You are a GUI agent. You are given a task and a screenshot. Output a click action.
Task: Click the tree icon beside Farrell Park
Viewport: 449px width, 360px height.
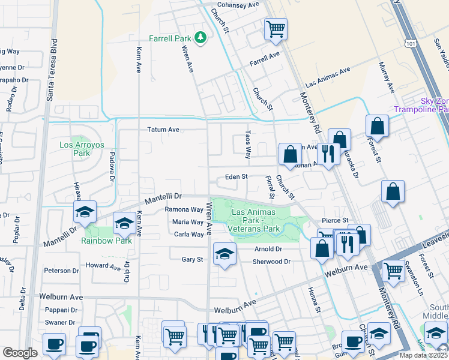coord(200,39)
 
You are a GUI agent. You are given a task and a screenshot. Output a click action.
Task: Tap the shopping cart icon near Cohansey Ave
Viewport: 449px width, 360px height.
coord(276,28)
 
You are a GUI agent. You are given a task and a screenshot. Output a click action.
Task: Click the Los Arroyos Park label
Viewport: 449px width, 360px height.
coord(74,149)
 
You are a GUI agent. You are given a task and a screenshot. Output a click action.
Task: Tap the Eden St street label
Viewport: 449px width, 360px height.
coord(236,177)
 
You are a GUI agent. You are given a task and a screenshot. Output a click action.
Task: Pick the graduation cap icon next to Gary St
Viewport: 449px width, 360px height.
coord(224,254)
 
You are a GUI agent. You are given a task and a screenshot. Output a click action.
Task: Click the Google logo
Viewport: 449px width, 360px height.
coord(20,353)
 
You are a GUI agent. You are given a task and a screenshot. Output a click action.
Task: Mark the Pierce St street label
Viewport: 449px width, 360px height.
coord(334,220)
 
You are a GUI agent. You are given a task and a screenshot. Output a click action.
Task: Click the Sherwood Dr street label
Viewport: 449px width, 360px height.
coord(271,262)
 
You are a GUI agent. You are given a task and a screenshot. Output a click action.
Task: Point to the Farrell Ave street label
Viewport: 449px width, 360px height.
coord(265,59)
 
